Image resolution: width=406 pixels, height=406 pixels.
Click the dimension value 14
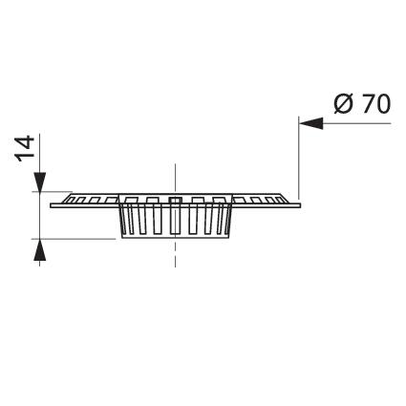[x=25, y=148]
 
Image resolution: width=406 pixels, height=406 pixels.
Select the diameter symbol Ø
[x=344, y=104]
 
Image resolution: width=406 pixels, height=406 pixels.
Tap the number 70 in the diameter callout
[x=376, y=104]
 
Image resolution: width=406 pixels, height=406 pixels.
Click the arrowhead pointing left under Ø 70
[x=311, y=123]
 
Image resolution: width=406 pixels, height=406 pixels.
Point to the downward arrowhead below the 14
[x=39, y=182]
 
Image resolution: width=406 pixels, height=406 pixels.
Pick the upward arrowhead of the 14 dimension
[x=39, y=250]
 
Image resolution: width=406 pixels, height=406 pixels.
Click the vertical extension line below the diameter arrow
[x=299, y=159]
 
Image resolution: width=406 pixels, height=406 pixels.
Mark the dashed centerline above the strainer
[x=175, y=178]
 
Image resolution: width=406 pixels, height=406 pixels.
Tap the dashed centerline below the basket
[x=175, y=253]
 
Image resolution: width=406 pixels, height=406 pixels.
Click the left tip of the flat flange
[x=51, y=205]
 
